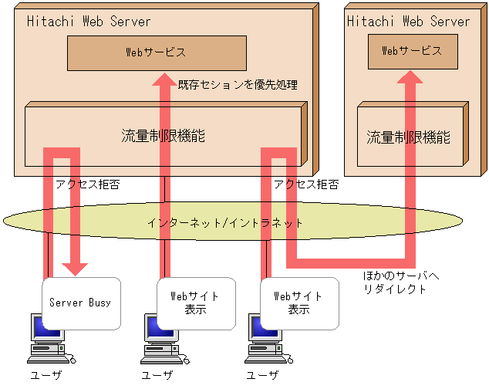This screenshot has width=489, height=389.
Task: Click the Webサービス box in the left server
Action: (157, 52)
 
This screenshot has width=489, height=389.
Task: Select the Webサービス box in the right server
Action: (413, 51)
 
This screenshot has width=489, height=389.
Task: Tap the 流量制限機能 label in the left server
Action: (162, 136)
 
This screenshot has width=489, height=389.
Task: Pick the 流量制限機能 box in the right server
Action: (408, 138)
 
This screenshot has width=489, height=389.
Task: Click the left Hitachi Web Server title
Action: (89, 21)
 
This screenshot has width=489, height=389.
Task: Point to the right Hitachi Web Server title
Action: (408, 21)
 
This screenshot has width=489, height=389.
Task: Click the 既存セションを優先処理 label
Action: (238, 84)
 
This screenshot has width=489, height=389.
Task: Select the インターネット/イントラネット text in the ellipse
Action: (225, 222)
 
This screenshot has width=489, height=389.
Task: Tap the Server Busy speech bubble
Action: (80, 302)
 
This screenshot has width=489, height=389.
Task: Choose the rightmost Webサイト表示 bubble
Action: (298, 302)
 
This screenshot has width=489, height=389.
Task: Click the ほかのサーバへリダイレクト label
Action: (395, 282)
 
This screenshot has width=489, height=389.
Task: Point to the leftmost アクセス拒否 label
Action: (87, 185)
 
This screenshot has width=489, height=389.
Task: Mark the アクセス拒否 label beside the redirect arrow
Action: (305, 185)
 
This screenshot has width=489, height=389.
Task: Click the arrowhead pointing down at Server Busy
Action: (76, 268)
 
